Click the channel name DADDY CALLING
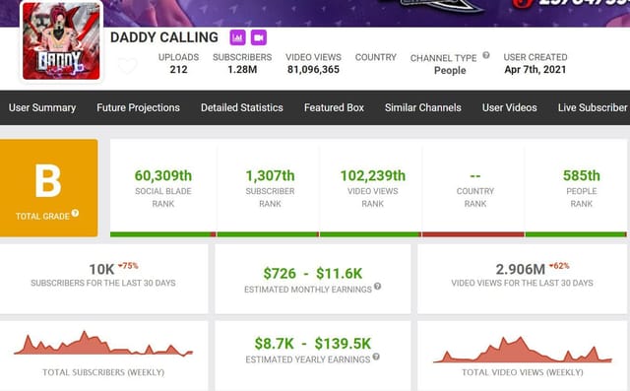[x=164, y=37]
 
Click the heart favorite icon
[x=128, y=67]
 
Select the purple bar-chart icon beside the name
[x=237, y=37]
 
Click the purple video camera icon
[x=259, y=37]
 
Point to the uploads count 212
[x=178, y=70]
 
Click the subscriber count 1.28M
[x=242, y=70]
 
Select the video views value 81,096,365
[x=313, y=70]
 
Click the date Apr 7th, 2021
[x=535, y=70]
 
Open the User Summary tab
[x=42, y=107]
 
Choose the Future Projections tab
[x=138, y=107]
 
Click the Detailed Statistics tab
[x=241, y=107]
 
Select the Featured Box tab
[x=334, y=107]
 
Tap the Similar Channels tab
[x=422, y=107]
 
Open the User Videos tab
[x=509, y=107]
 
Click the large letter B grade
[x=48, y=181]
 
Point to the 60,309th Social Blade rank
[x=163, y=175]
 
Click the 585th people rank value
[x=581, y=175]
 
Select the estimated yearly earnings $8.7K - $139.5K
[x=312, y=343]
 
